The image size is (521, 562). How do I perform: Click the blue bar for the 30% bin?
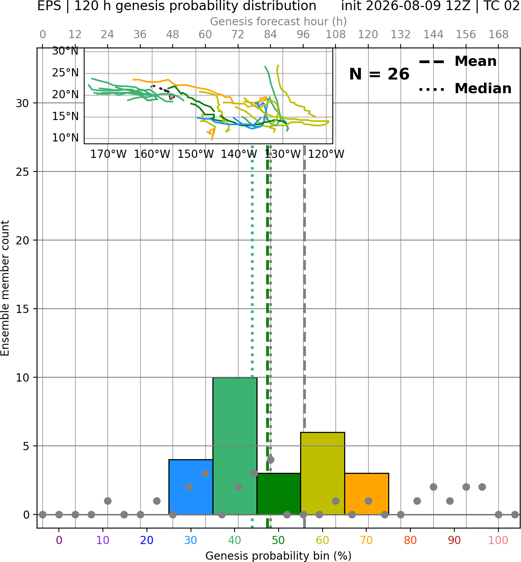(x=191, y=487)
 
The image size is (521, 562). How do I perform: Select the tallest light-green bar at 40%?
(x=235, y=446)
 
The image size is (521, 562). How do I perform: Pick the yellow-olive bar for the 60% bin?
(x=323, y=473)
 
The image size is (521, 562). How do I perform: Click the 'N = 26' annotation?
(x=379, y=74)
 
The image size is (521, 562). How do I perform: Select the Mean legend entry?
(x=457, y=62)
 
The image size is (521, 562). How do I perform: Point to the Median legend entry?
(x=465, y=88)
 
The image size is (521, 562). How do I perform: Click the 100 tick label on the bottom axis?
(x=498, y=540)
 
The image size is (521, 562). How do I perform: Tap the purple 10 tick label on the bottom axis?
(x=103, y=540)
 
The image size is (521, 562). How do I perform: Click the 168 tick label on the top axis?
(x=498, y=35)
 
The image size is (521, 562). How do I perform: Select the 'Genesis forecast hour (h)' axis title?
(x=279, y=21)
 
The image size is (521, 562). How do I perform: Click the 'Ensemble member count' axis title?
(x=5, y=288)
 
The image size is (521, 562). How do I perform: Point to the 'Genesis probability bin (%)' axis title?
(x=279, y=556)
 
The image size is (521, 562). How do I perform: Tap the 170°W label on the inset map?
(x=108, y=154)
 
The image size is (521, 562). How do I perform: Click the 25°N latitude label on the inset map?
(x=65, y=73)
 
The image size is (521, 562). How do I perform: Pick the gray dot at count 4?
(x=270, y=459)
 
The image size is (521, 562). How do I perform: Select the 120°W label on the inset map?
(x=326, y=154)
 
